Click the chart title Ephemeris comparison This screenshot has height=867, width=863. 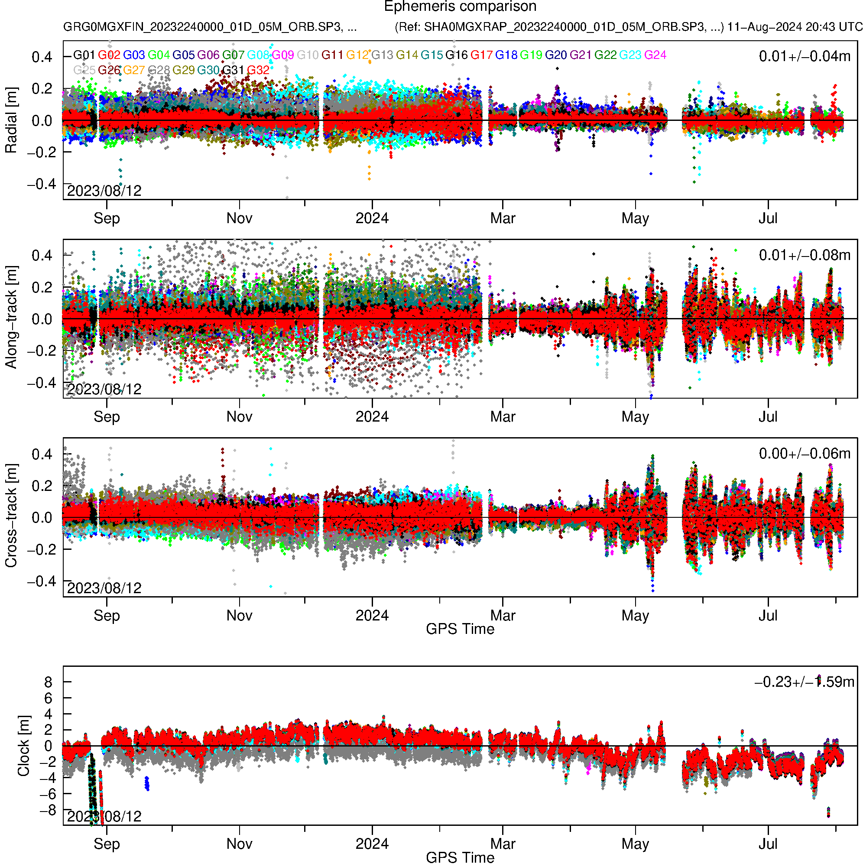tap(460, 7)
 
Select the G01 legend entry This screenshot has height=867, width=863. tap(84, 55)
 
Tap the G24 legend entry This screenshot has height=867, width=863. tap(655, 55)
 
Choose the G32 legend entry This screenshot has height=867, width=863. tap(258, 70)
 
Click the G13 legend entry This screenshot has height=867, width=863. tap(382, 55)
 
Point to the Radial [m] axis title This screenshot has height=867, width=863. tap(11, 120)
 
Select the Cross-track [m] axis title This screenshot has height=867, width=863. tap(11, 516)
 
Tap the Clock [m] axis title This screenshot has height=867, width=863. tap(23, 745)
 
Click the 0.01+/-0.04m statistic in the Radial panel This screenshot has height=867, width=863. tap(804, 56)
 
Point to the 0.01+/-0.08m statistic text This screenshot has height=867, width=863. tap(804, 255)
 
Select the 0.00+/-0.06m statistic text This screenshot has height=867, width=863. tap(804, 454)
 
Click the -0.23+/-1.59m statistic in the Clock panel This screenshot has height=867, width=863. tap(804, 682)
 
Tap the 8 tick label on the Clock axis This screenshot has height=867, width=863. tap(48, 682)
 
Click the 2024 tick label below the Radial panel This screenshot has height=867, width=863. tap(372, 218)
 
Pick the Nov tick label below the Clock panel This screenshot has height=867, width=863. tap(239, 844)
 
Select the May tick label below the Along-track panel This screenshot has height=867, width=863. tap(635, 417)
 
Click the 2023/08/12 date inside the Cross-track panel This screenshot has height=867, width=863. tap(104, 588)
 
